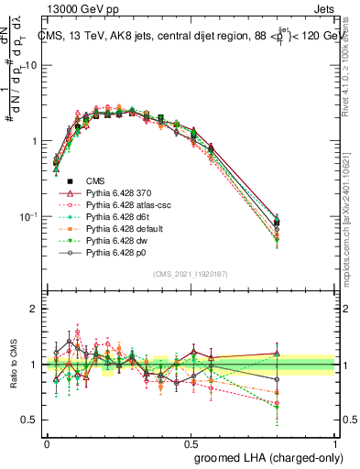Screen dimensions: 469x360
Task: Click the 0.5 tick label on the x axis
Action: click(x=191, y=442)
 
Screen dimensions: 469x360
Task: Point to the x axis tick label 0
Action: click(x=47, y=442)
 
